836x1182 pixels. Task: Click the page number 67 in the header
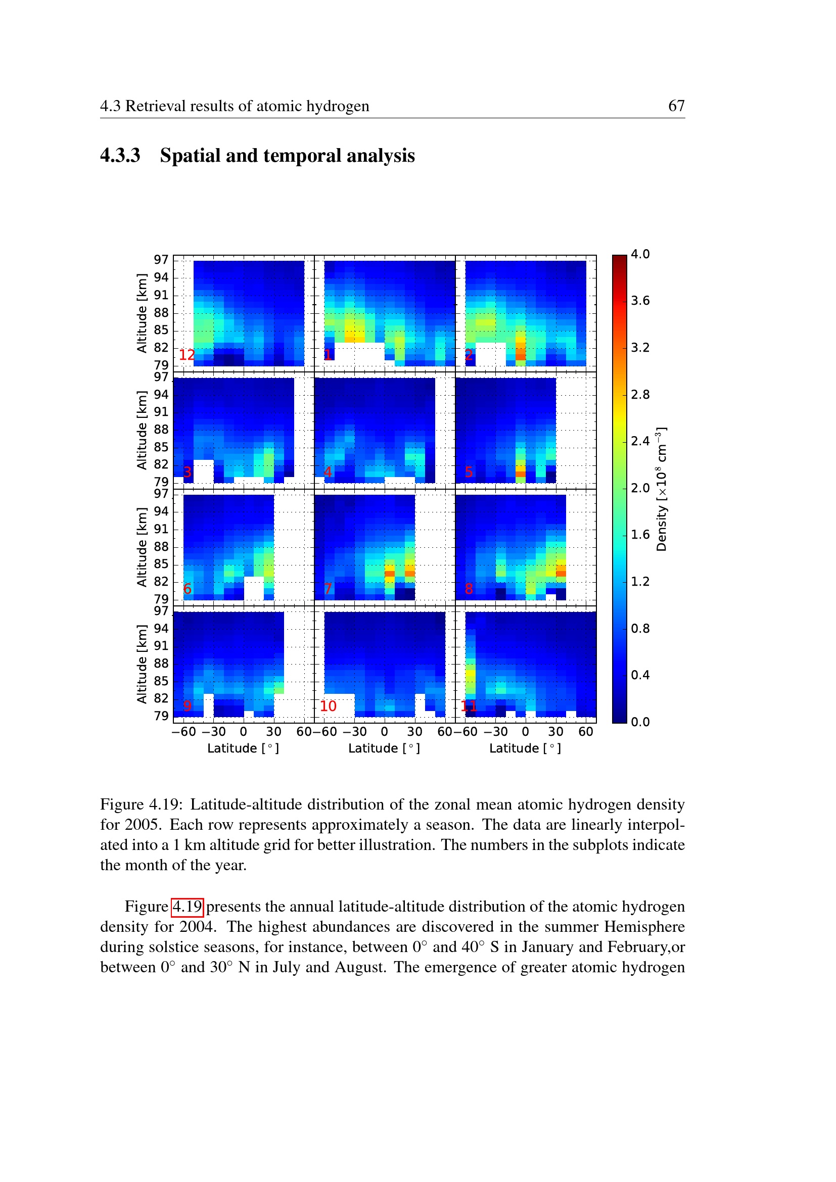tap(676, 106)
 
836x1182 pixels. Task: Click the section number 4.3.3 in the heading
tap(120, 156)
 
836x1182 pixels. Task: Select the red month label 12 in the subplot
tap(187, 354)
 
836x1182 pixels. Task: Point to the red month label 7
tap(328, 588)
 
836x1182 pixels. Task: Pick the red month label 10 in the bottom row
tap(328, 706)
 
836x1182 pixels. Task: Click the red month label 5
tap(469, 471)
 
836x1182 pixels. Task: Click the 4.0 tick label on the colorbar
tap(640, 254)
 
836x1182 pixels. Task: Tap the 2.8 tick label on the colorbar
tap(640, 394)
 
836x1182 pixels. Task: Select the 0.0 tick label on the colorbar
tap(640, 722)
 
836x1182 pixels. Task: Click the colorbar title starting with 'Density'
tap(662, 489)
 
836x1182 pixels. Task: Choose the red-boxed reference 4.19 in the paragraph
tap(188, 907)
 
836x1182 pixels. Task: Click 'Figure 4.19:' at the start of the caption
tap(142, 804)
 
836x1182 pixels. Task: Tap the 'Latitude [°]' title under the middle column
tap(384, 748)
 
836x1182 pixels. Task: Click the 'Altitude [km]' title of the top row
tap(142, 313)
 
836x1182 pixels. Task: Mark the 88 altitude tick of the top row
tap(161, 312)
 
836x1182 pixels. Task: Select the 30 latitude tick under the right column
tap(555, 732)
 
